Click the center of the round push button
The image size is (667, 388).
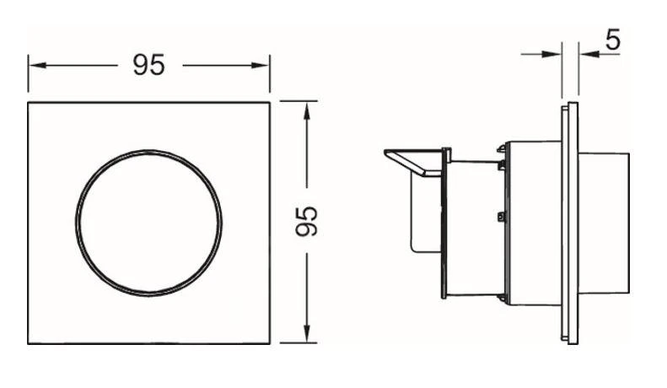point(149,223)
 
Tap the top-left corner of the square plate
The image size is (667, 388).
point(29,103)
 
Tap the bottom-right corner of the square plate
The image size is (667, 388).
point(270,343)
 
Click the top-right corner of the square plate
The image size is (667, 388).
point(270,103)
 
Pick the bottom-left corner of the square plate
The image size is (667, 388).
point(29,343)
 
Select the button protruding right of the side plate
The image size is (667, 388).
point(604,223)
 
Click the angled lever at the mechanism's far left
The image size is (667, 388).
point(413,161)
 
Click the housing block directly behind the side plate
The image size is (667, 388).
point(535,223)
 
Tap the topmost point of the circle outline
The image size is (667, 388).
point(149,150)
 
